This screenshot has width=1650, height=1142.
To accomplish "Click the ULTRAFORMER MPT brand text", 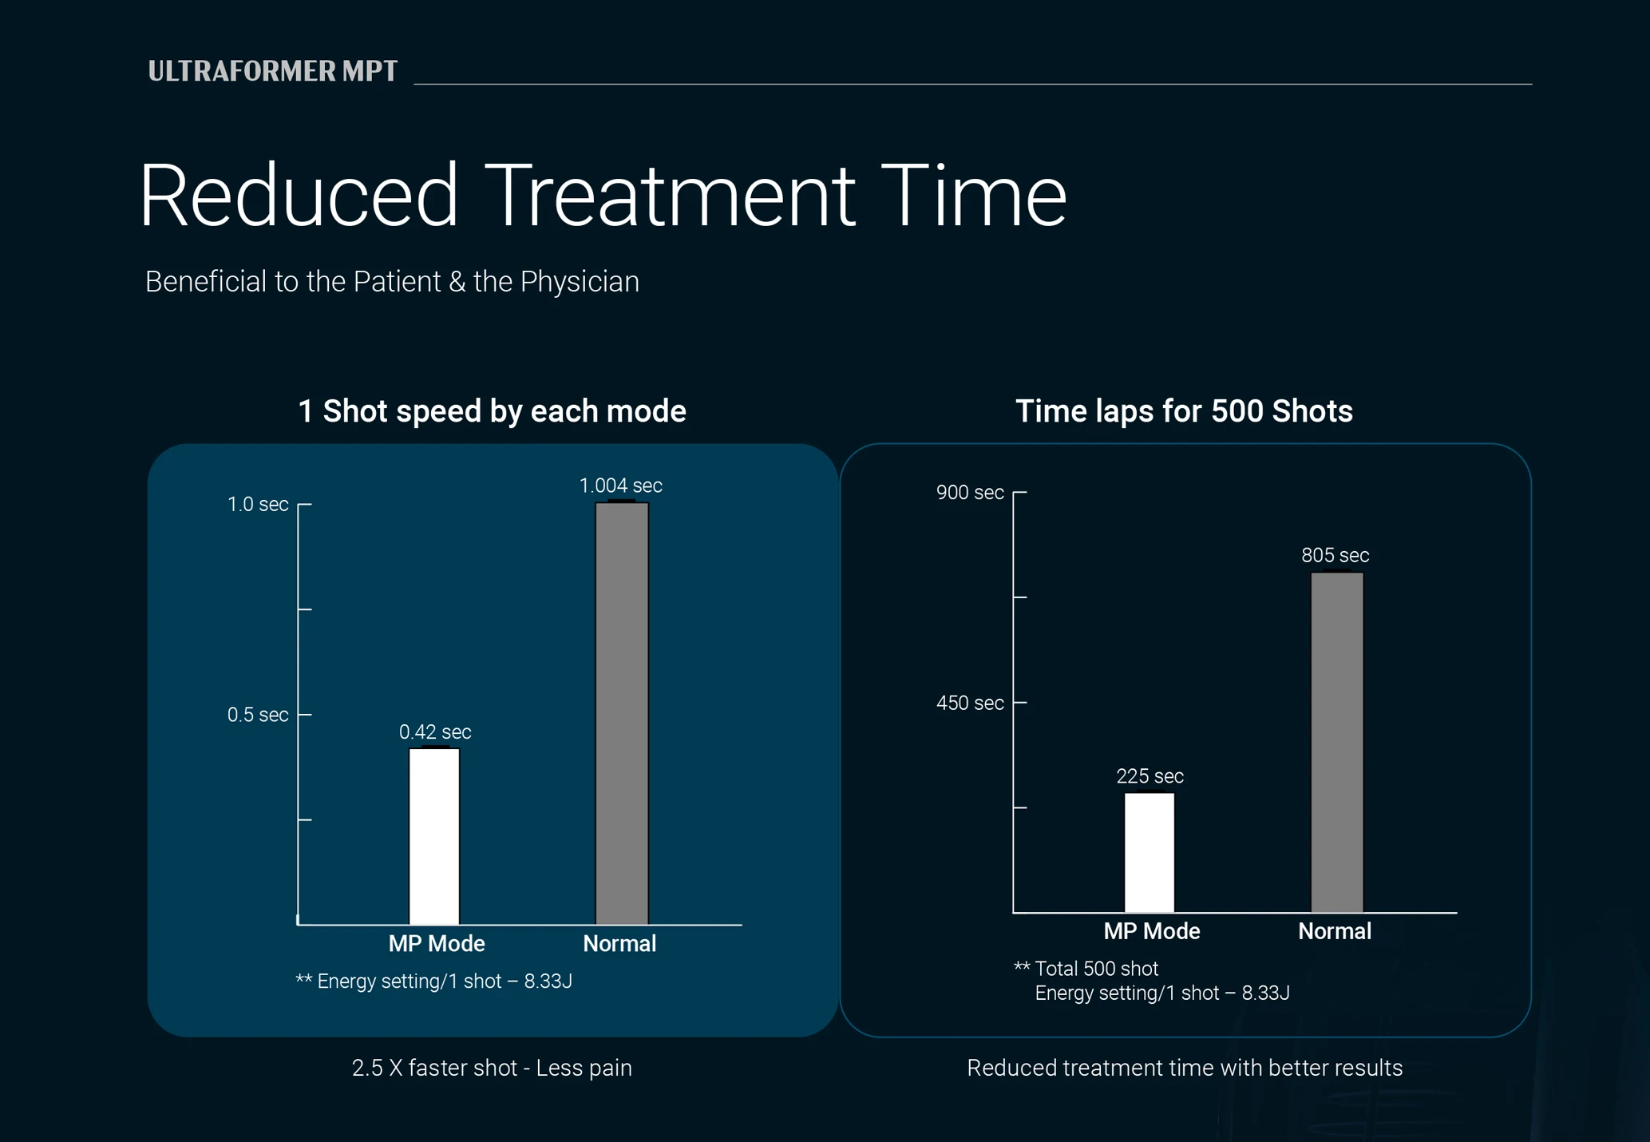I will tap(273, 71).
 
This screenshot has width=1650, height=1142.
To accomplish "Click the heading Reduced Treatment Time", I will tap(603, 196).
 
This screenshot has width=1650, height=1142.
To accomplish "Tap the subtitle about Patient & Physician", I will tap(392, 282).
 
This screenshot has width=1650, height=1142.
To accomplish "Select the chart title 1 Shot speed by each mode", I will tap(492, 411).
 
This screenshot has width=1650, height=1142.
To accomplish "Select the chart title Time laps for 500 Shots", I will tap(1184, 411).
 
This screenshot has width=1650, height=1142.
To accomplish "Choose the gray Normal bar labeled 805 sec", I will tap(1337, 742).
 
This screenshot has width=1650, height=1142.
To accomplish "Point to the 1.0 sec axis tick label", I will tap(258, 505).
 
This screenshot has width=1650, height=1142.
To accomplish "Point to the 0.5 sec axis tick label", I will tap(258, 715).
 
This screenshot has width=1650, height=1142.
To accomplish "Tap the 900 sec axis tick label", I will tap(970, 493).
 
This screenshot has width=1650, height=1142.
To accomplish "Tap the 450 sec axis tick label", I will tap(970, 704).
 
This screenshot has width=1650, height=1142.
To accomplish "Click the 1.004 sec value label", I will tap(620, 486).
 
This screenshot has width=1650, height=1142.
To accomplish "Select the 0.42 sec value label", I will tap(435, 732).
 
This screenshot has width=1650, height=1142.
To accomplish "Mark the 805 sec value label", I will tap(1335, 555).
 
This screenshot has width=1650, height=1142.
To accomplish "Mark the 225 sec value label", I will tap(1149, 776).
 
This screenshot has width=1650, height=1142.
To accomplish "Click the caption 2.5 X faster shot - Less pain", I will tap(492, 1069).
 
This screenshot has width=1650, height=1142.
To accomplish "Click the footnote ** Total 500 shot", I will tap(1086, 969).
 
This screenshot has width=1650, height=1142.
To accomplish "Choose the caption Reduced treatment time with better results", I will tap(1185, 1069).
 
